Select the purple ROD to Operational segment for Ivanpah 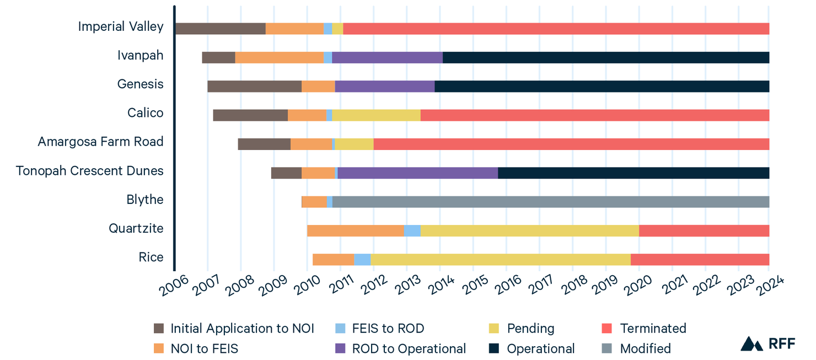387,57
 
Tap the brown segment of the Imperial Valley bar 220,29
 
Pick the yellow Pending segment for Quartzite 529,230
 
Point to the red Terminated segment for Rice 700,259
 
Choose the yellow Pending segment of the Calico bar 376,115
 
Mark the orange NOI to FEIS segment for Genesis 318,87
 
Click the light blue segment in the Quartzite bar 412,230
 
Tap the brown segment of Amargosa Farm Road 264,144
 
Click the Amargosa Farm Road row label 100,142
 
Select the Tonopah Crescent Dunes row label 89,170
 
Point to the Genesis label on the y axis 140,84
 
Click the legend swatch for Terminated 606,329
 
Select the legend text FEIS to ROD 388,329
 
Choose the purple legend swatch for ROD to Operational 341,348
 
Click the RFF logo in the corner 767,343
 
